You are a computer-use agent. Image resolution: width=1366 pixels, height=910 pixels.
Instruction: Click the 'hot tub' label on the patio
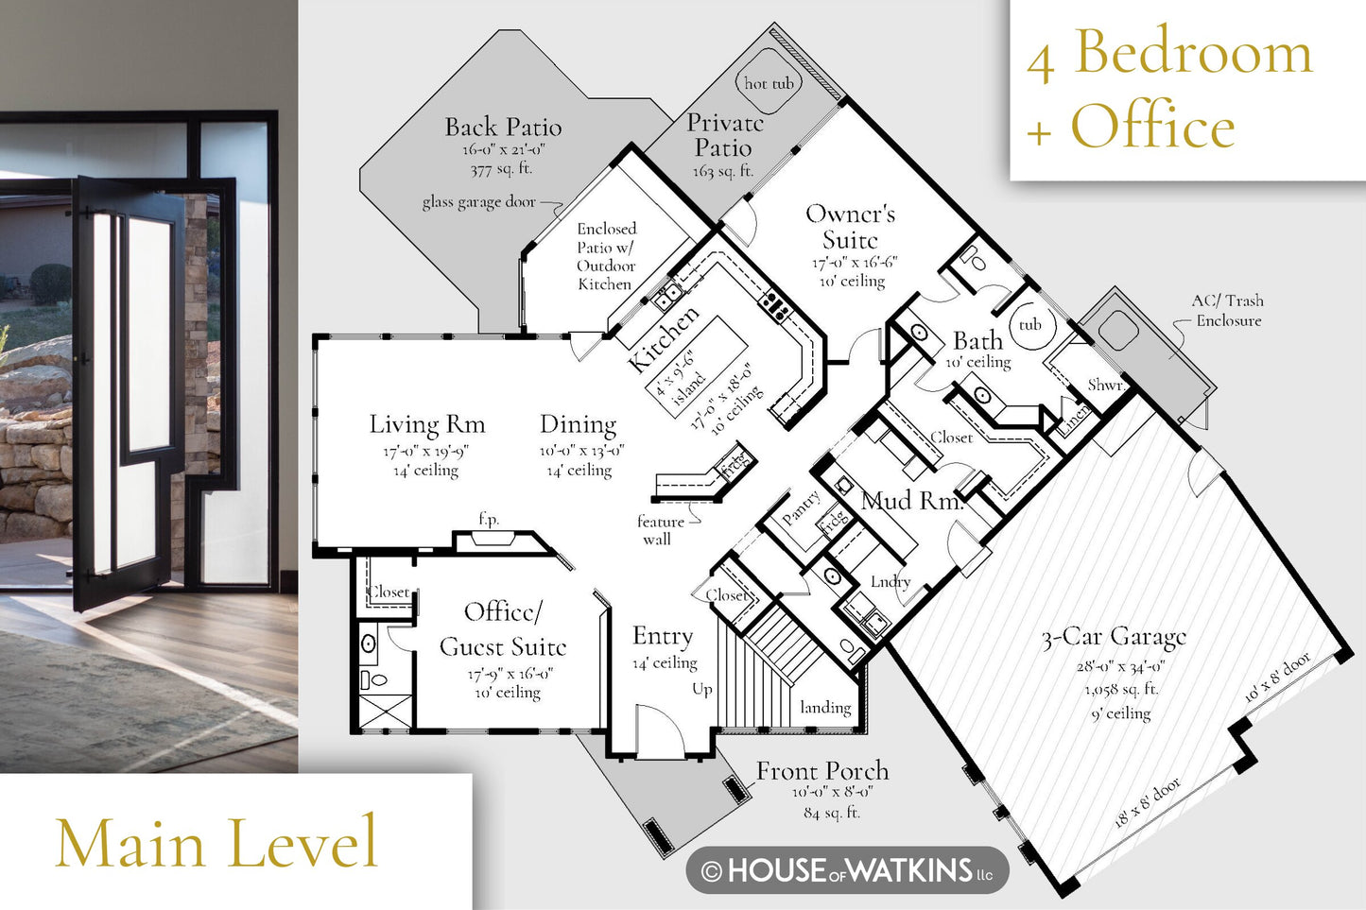[769, 83]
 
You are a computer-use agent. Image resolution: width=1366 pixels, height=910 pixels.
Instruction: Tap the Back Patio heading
[503, 127]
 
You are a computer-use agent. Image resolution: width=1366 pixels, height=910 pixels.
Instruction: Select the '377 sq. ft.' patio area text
[501, 169]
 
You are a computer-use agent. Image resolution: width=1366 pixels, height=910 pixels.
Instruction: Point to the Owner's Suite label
[850, 227]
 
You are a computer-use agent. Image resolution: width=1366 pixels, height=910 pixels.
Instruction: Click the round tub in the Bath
[1030, 324]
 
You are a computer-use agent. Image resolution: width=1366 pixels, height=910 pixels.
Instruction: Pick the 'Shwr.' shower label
[1106, 386]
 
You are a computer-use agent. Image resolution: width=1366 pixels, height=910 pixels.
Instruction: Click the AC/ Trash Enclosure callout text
[1228, 310]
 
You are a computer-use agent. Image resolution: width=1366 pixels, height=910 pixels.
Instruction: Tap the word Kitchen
[664, 338]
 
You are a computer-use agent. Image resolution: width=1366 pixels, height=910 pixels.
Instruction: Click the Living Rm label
[427, 424]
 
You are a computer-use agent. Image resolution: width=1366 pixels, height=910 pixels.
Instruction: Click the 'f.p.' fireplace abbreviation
[489, 520]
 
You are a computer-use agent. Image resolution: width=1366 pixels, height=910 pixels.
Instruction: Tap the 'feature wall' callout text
[660, 530]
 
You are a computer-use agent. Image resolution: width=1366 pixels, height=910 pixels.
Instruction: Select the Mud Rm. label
[911, 501]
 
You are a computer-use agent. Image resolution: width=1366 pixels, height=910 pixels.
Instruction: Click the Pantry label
[802, 507]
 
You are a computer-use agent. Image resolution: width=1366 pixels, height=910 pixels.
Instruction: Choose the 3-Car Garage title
[1115, 638]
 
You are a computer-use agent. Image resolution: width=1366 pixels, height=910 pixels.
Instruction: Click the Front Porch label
[822, 771]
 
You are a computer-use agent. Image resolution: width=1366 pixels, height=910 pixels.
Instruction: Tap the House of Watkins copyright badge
[848, 869]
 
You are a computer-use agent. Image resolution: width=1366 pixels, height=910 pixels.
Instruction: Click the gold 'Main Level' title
[217, 842]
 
